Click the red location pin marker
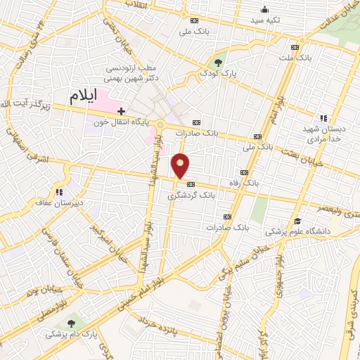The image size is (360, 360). (x=182, y=166)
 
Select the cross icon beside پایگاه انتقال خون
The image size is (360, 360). (x=122, y=111)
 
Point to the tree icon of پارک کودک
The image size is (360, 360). (x=219, y=62)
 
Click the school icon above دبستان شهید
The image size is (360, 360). (x=323, y=118)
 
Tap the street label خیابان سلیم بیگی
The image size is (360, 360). (x=225, y=262)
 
